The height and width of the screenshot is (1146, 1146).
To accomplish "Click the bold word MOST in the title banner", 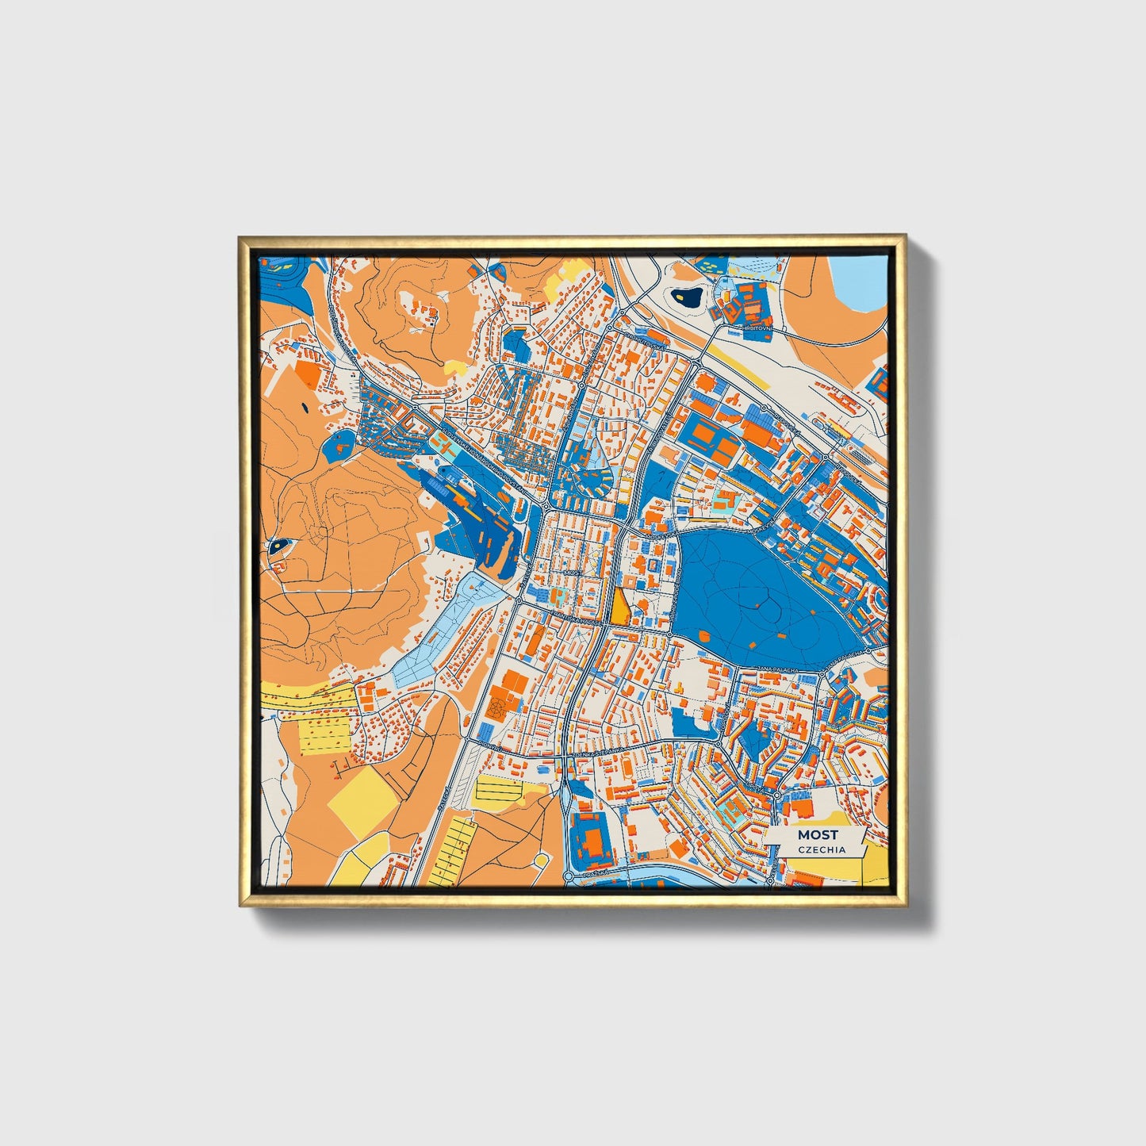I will click(817, 834).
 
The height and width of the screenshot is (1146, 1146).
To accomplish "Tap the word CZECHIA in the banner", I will click(822, 849).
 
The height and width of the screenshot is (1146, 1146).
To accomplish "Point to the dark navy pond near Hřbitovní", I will click(685, 298).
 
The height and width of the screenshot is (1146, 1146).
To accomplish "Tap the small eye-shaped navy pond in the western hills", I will click(279, 545).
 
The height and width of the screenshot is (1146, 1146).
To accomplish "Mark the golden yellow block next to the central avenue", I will click(619, 607).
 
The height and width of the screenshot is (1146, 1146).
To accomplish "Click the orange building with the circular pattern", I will click(499, 703).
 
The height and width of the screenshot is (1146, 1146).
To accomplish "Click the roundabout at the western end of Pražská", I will click(569, 876).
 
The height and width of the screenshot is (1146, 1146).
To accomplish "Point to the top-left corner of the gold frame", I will click(241, 237).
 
